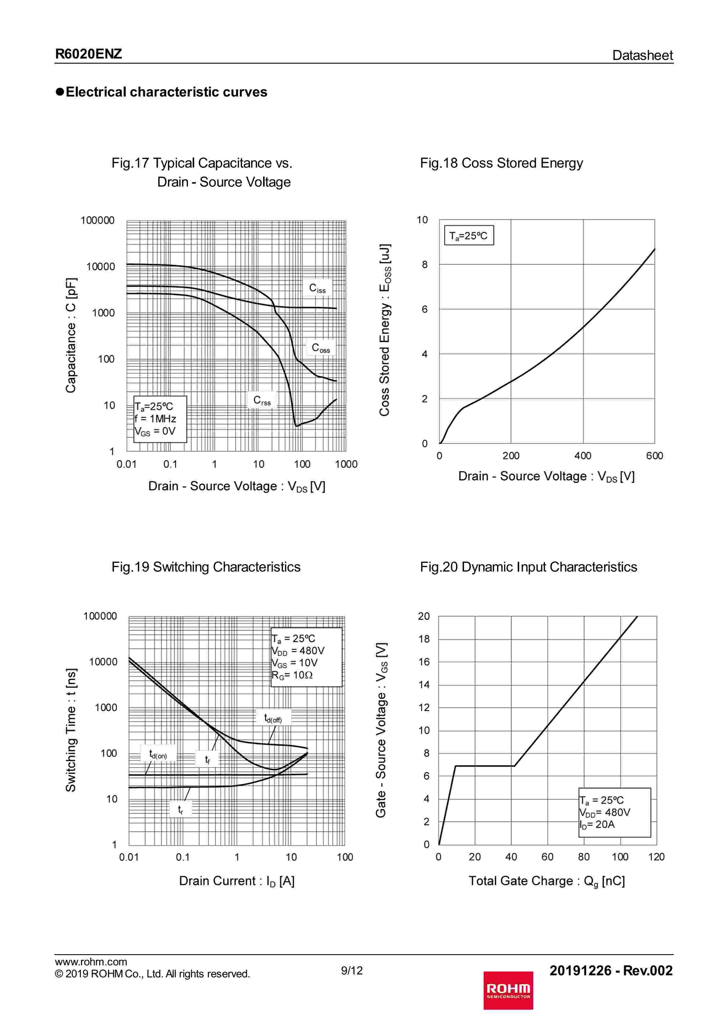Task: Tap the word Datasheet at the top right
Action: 642,55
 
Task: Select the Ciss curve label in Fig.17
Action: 317,288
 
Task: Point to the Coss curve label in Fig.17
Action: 321,348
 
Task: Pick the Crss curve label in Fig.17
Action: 262,400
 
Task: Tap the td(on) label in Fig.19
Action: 158,755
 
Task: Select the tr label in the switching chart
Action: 180,809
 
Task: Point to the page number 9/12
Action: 352,970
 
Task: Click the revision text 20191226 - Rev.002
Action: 611,970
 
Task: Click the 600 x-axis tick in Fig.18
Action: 655,456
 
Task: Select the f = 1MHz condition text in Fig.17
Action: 156,419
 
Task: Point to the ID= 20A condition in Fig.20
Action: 597,824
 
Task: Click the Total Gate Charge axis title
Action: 546,881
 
